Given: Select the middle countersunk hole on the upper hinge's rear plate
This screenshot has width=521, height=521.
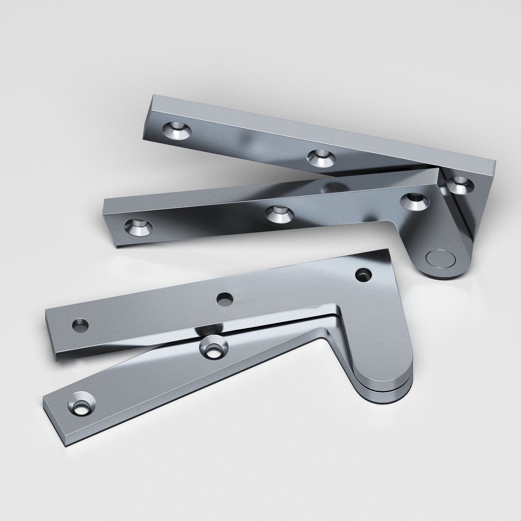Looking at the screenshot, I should (x=321, y=158).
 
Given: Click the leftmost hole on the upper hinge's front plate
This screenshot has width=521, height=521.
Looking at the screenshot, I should (x=138, y=226).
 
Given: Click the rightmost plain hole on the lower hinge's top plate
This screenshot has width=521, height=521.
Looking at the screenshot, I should (x=362, y=275).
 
